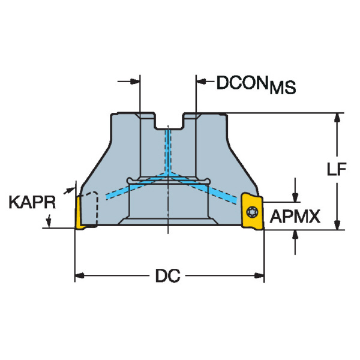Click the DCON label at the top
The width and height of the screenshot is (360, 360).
[242, 83]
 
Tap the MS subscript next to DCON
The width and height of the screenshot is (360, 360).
[283, 88]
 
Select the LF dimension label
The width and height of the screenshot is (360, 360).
[337, 169]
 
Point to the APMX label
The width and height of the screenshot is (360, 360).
[295, 217]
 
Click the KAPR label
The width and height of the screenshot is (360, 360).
[32, 202]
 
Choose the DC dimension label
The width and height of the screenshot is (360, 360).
[168, 275]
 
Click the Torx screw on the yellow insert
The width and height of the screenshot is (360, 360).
[252, 212]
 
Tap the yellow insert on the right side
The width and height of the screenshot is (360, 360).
[252, 211]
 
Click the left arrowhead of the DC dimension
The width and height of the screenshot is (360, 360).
[80, 275]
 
